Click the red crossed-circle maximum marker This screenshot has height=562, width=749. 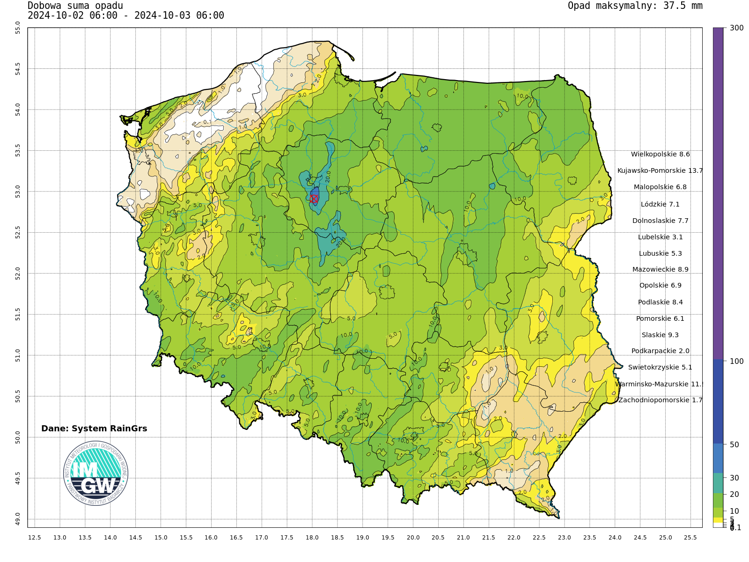point(314,199)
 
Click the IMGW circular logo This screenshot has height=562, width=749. point(95,473)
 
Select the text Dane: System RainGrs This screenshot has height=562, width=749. point(94,429)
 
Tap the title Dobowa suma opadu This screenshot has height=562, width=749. point(75,6)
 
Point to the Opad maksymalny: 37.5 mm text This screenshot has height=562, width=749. point(635,6)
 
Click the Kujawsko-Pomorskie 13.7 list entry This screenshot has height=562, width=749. point(660,170)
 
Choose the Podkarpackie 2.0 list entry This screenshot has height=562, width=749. point(660,351)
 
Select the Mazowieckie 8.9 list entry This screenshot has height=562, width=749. point(660,269)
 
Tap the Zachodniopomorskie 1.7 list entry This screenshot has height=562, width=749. point(660,400)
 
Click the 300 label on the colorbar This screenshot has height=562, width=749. point(736,28)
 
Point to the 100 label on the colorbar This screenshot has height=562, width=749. point(736,361)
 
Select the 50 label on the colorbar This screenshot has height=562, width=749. point(734,444)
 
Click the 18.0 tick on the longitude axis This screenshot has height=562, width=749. point(312,538)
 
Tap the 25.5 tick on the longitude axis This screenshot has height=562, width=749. point(690,538)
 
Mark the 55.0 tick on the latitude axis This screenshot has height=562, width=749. point(18,28)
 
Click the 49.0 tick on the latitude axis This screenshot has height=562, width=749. point(18,518)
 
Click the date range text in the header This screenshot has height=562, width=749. point(126,15)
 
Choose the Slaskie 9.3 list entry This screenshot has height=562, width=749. point(660,335)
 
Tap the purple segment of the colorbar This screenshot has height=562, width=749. point(718,187)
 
